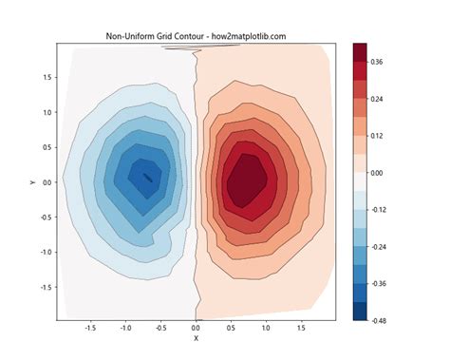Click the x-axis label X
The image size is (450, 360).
tap(197, 338)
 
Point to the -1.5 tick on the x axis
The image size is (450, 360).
tap(90, 327)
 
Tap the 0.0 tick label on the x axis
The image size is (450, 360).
tap(197, 327)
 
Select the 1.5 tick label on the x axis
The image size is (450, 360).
tap(302, 327)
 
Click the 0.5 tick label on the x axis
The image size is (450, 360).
tap(232, 327)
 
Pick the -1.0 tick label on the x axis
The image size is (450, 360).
tap(125, 327)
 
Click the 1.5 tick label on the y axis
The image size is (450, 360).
tap(45, 77)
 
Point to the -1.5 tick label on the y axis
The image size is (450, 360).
tap(43, 288)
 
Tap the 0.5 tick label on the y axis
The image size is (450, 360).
tap(45, 147)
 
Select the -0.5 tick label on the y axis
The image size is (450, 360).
tap(43, 218)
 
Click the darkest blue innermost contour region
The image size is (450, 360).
tap(147, 177)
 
